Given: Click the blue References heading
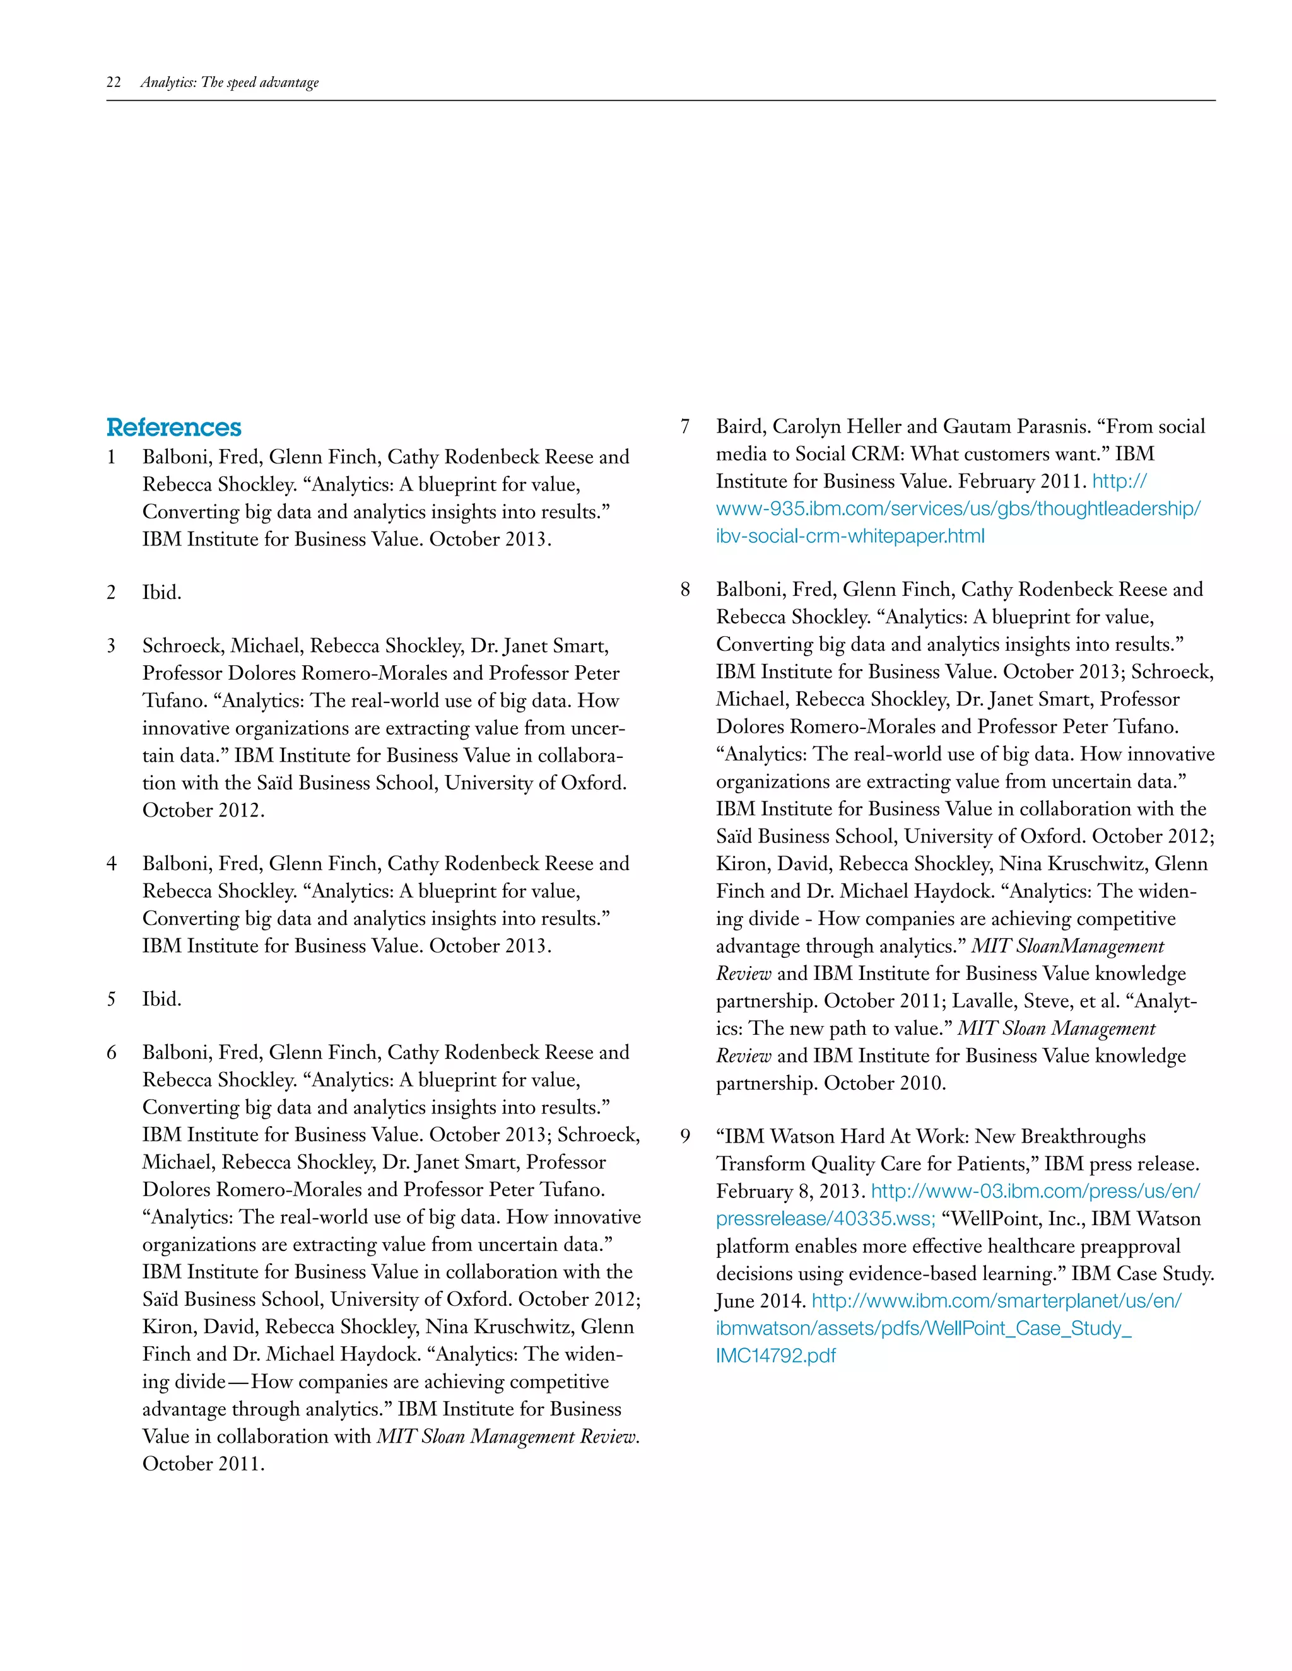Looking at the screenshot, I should (x=173, y=427).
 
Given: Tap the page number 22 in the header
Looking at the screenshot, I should (x=114, y=83).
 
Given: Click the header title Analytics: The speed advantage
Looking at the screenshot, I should (x=230, y=83).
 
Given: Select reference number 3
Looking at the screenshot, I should (x=111, y=646).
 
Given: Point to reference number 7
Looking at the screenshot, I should (x=685, y=426).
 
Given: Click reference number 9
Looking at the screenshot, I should (x=685, y=1136).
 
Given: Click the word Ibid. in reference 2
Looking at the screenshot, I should (x=161, y=592).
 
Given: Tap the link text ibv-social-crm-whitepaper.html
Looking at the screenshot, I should (x=850, y=537).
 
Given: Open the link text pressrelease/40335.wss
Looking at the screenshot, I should (x=825, y=1219).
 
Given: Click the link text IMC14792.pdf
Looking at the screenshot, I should (x=775, y=1356).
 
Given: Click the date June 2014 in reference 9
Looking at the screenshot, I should (x=760, y=1301).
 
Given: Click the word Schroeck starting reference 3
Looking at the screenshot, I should (x=182, y=646).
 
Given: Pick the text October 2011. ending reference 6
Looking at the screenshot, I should (x=203, y=1464).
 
